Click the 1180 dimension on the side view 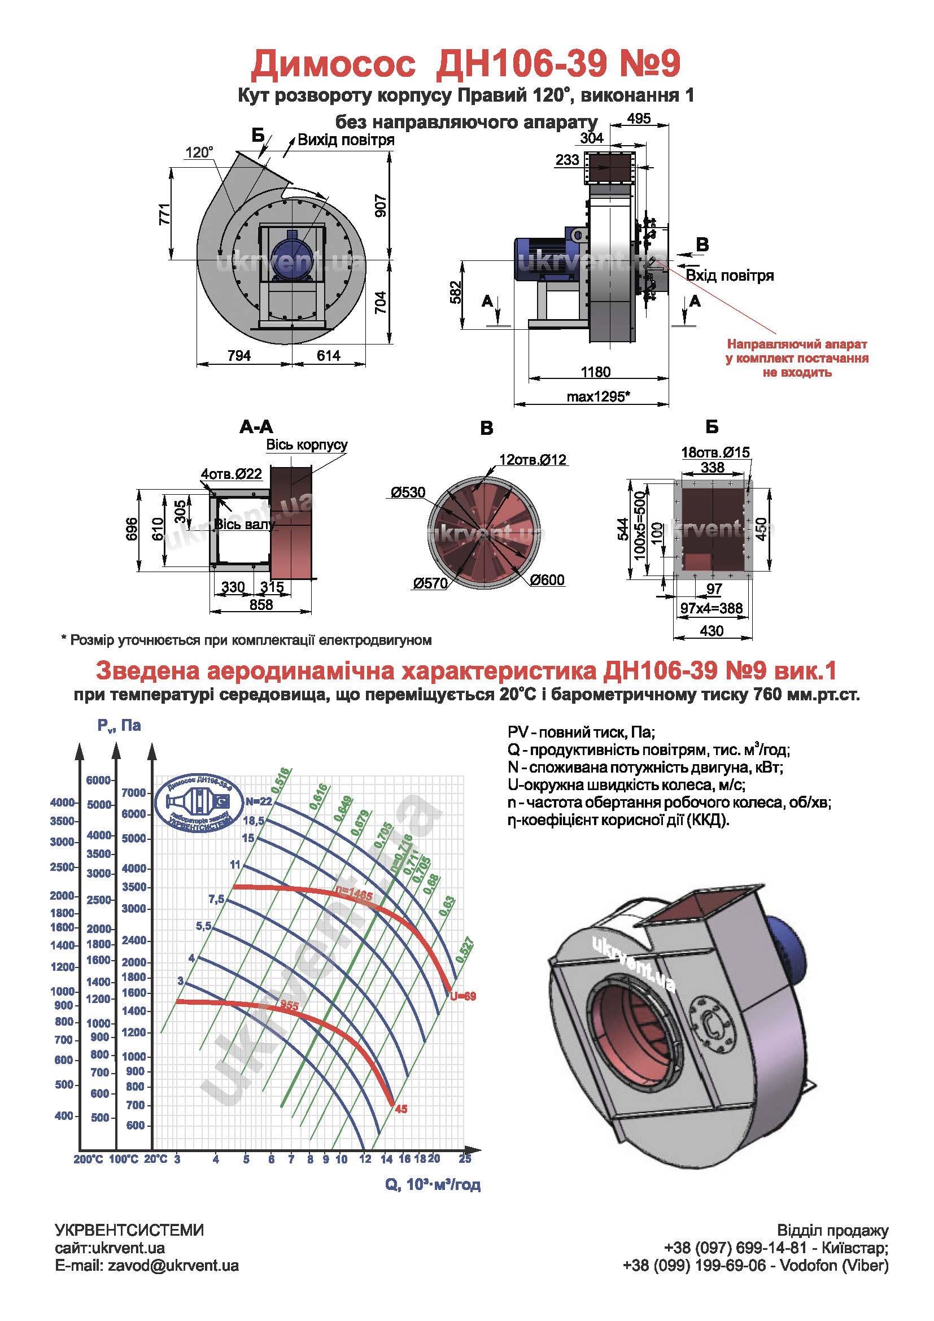coord(595,372)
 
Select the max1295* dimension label coord(598,396)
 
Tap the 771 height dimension coord(165,213)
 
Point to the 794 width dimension coord(239,356)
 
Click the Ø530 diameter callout coord(408,492)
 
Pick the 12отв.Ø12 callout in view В coord(533,460)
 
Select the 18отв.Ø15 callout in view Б coord(715,452)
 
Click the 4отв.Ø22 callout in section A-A coord(231,473)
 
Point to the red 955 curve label coord(289,1005)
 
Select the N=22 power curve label coord(258,801)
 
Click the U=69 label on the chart coord(463,996)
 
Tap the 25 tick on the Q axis coord(465,1159)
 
